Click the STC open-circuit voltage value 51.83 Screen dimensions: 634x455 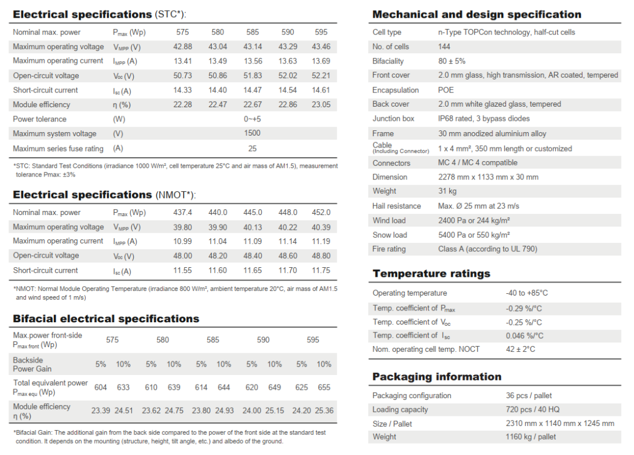tap(253, 76)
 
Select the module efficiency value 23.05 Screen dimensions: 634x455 tap(321, 104)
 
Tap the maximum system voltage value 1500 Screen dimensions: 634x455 tap(252, 133)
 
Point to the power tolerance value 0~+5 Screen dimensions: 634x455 tap(252, 119)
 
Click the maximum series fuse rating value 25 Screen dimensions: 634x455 tap(252, 149)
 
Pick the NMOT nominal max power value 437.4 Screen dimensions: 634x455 tap(183, 213)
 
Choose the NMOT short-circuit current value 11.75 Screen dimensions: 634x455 tap(321, 270)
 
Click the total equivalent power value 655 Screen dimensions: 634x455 tap(324, 387)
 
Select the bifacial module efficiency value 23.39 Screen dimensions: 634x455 tap(101, 411)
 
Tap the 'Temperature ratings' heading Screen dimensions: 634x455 tap(432, 274)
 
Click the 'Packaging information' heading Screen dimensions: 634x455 tap(437, 377)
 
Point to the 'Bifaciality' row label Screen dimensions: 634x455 tap(388, 61)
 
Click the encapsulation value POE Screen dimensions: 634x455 tap(446, 90)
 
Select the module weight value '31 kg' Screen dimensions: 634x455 tap(447, 191)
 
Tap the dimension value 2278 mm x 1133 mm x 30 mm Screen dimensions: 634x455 tap(488, 177)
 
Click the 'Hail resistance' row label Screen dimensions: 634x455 tap(397, 206)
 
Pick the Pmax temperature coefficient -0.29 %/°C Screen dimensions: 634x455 tap(524, 309)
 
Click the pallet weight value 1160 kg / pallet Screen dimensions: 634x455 tap(530, 437)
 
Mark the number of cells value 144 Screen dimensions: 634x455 tap(444, 47)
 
